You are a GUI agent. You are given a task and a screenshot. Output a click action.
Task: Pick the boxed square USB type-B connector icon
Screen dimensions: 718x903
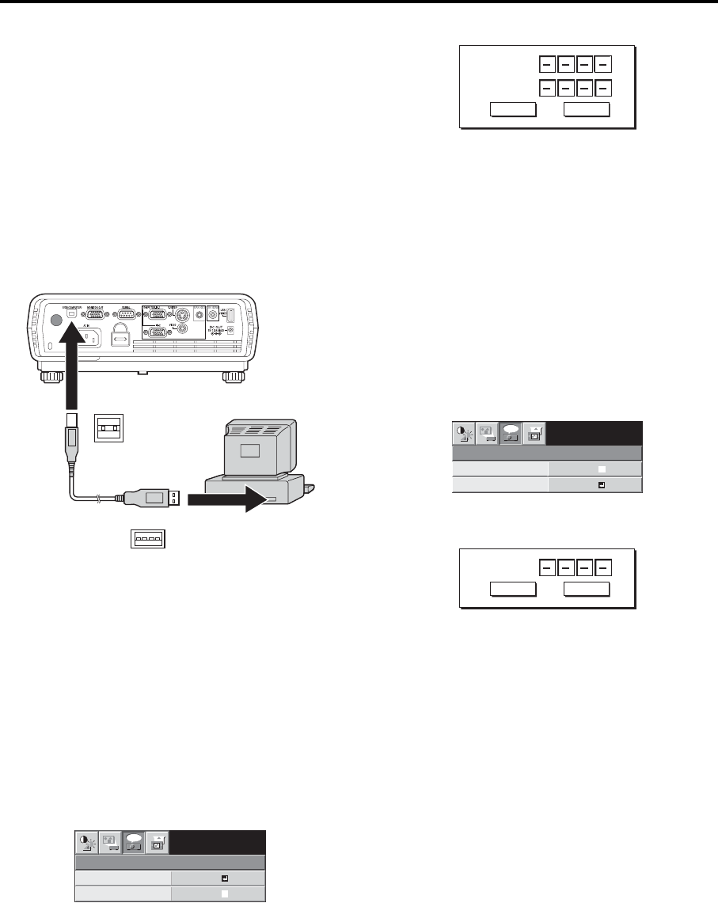tap(108, 428)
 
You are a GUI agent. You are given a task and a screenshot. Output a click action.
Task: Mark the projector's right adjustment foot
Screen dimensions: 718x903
tap(233, 375)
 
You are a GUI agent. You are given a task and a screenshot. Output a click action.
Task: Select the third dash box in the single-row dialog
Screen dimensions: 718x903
tap(586, 567)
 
